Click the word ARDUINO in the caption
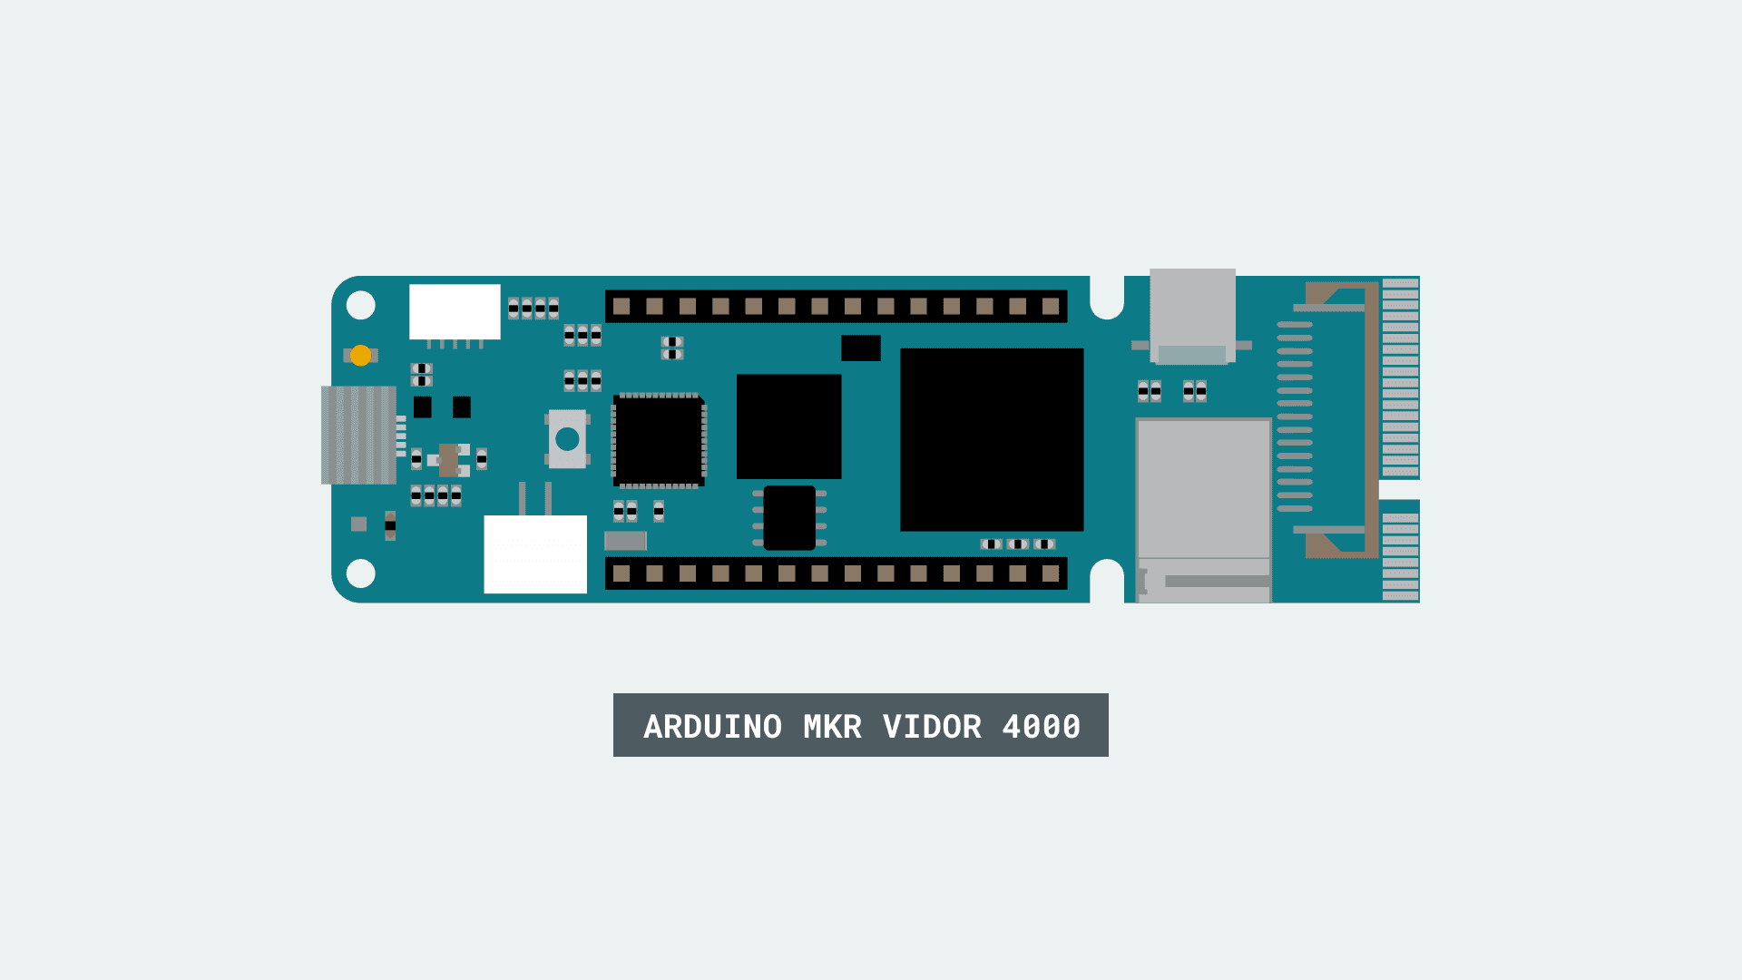[712, 726]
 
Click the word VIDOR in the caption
[932, 726]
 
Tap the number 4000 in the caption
[1041, 726]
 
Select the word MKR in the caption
[832, 726]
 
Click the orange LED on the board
[360, 356]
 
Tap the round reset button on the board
[567, 439]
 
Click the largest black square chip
[992, 439]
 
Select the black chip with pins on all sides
[660, 440]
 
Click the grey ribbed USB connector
[358, 435]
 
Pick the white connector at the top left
[455, 311]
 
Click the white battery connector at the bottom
[535, 554]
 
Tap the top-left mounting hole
[361, 305]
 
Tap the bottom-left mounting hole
[361, 573]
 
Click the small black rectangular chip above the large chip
[860, 348]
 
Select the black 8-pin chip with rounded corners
[789, 517]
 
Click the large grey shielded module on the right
[1204, 490]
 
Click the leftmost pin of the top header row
[621, 307]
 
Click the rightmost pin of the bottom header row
[1051, 573]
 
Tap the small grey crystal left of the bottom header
[625, 541]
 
